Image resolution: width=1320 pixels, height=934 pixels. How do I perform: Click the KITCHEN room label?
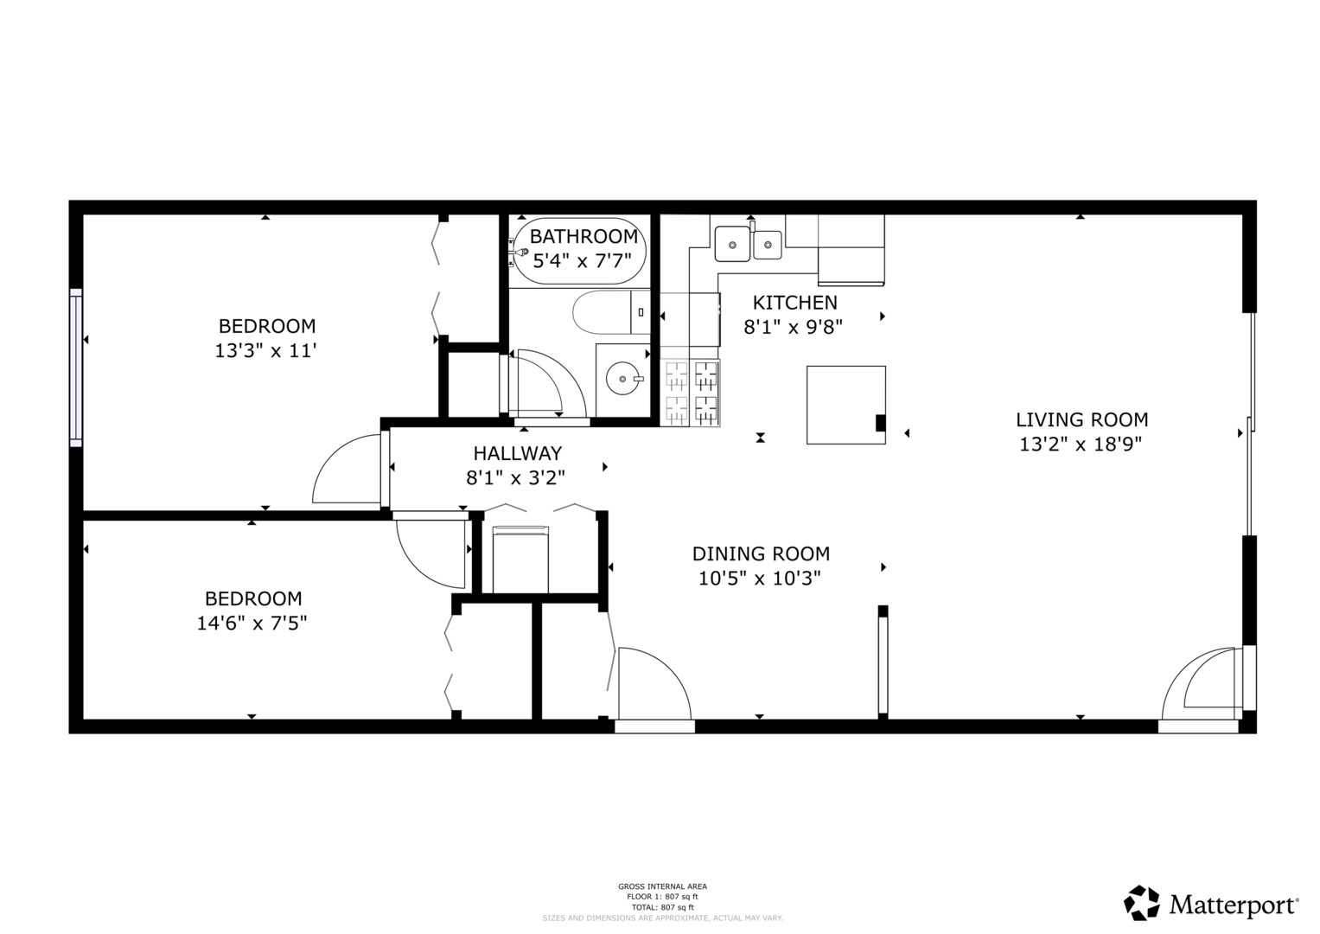[794, 303]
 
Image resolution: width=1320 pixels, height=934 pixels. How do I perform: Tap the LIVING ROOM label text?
[1081, 420]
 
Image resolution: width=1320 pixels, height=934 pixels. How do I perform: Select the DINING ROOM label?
[761, 553]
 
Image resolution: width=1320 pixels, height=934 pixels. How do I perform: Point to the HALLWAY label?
[517, 453]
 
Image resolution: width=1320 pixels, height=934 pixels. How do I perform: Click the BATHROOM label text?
[583, 236]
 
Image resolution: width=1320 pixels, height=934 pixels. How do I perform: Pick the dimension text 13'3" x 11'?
[266, 351]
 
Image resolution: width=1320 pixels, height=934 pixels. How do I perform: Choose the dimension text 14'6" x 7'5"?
[252, 623]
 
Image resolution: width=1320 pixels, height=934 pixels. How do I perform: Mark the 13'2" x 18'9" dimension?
[1081, 445]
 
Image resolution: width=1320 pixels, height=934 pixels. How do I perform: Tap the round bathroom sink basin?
[621, 378]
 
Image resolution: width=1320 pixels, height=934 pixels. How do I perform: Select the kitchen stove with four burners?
[691, 393]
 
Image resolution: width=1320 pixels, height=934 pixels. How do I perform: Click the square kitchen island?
[845, 405]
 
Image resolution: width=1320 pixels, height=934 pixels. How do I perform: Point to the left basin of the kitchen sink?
[732, 244]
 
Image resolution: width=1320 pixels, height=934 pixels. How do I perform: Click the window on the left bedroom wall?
[76, 368]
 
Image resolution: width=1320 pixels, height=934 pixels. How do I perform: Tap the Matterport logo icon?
[1141, 903]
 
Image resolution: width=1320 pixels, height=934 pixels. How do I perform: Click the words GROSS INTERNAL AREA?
[662, 886]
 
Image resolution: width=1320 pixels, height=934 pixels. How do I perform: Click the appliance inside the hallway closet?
[520, 560]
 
